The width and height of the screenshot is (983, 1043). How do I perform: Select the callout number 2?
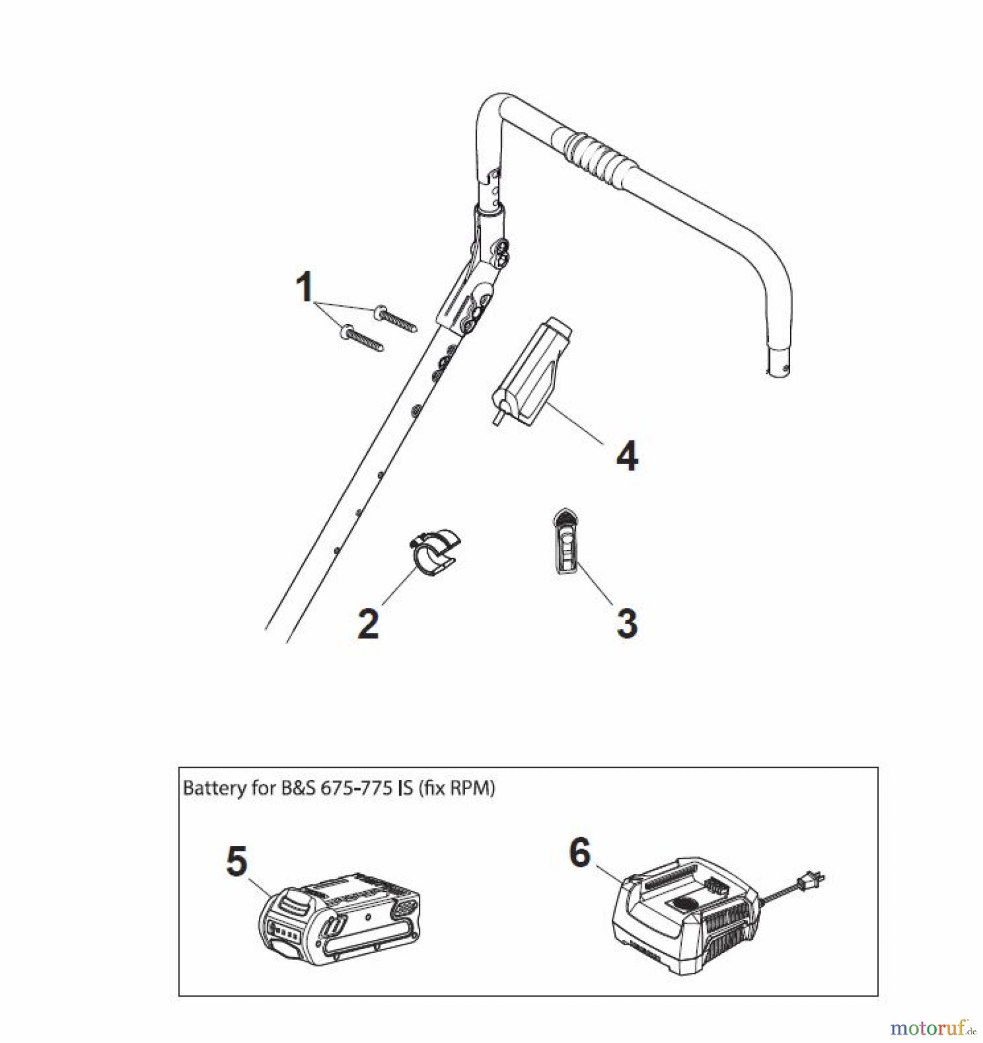point(368,623)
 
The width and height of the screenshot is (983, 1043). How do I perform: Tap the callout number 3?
point(627,623)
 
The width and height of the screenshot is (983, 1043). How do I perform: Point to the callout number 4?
point(627,456)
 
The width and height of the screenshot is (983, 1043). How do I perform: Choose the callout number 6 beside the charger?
point(580,853)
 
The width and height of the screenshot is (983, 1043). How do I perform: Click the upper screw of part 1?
point(397,318)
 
